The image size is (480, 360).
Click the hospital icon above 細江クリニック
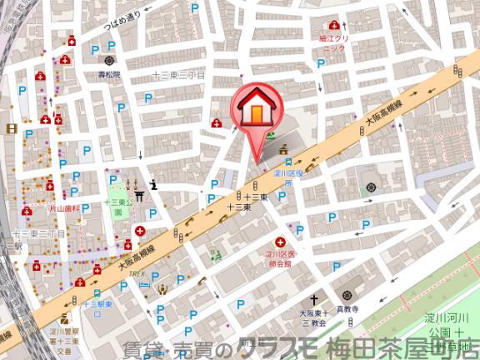pyautogui.click(x=334, y=26)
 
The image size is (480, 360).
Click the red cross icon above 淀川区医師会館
pyautogui.click(x=279, y=241)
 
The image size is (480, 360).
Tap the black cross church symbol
pyautogui.click(x=316, y=299)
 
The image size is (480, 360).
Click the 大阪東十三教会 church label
pyautogui.click(x=316, y=317)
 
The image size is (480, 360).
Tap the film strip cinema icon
pyautogui.click(x=12, y=128)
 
